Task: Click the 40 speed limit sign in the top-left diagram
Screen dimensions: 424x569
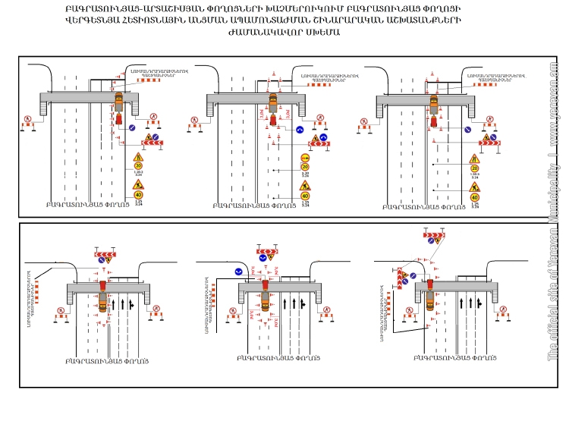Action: coord(138,195)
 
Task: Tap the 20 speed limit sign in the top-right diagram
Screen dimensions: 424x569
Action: coord(474,169)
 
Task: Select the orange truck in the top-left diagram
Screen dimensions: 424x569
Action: coord(119,100)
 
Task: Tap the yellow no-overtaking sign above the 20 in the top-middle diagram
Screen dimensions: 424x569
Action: coord(305,158)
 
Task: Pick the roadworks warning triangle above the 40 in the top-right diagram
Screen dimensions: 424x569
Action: coord(474,186)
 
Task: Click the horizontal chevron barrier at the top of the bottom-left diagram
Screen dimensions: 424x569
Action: coord(104,251)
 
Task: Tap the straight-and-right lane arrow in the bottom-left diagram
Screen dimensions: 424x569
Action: coord(130,306)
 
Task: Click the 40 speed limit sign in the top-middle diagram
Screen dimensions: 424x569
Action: coord(305,196)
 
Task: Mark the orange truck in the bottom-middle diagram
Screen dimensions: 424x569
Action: coord(266,301)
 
